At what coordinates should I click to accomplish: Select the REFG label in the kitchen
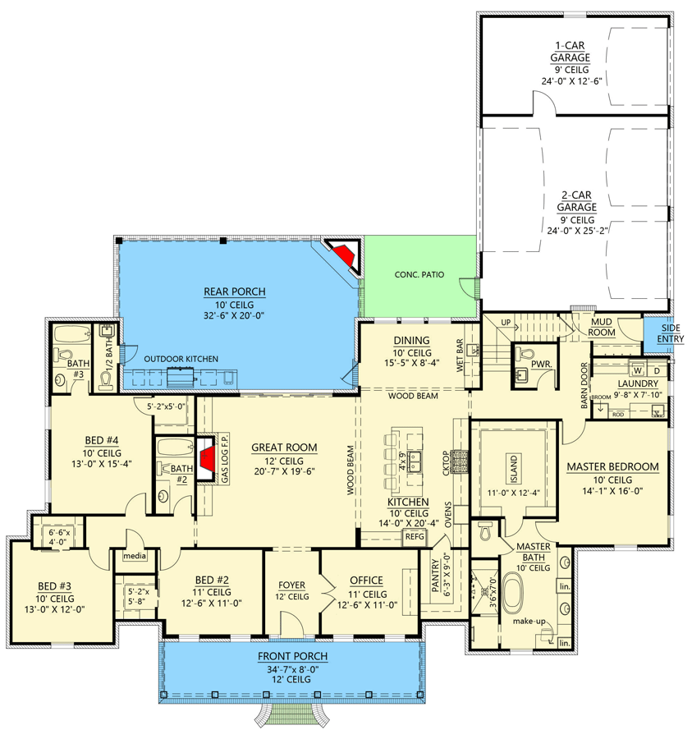click(415, 536)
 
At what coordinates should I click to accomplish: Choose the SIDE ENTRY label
click(671, 333)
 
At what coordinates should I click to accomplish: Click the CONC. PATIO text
click(419, 274)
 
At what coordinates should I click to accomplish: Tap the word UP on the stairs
click(506, 323)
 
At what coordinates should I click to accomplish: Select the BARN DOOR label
click(584, 385)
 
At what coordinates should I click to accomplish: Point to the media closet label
click(135, 556)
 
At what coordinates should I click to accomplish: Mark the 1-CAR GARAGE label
click(570, 52)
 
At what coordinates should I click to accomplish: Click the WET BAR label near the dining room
click(460, 356)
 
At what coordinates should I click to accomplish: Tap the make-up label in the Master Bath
click(529, 622)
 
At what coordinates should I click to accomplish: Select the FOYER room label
click(291, 585)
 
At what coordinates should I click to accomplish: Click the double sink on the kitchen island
click(415, 461)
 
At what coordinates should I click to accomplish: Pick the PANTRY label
click(435, 575)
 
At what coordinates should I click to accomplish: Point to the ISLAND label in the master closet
click(514, 469)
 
